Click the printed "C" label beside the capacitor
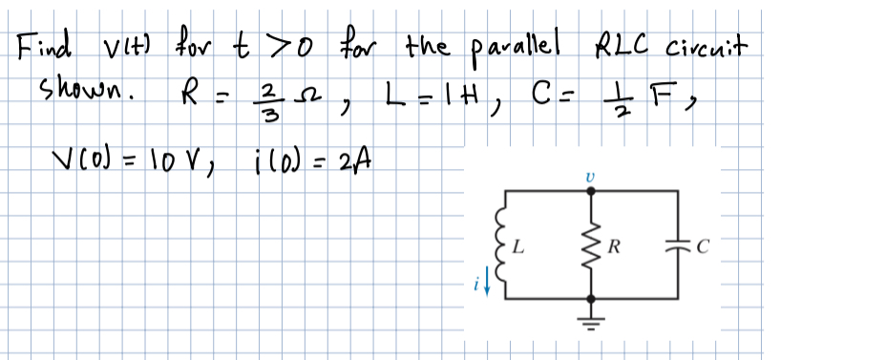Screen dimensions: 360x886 [x=704, y=253]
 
